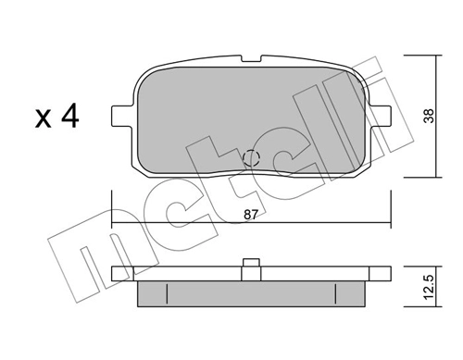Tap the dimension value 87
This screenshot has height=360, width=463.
coord(250,215)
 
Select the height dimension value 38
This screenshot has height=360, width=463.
coord(429,116)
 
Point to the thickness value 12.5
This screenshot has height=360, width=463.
coord(429,287)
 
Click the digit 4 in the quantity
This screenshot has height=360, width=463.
coord(70,116)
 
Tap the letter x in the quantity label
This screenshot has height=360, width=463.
coord(43,118)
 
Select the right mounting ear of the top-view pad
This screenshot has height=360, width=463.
coord(380,116)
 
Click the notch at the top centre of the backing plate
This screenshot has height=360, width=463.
coord(251,58)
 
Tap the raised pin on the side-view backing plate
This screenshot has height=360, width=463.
coord(251,263)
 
